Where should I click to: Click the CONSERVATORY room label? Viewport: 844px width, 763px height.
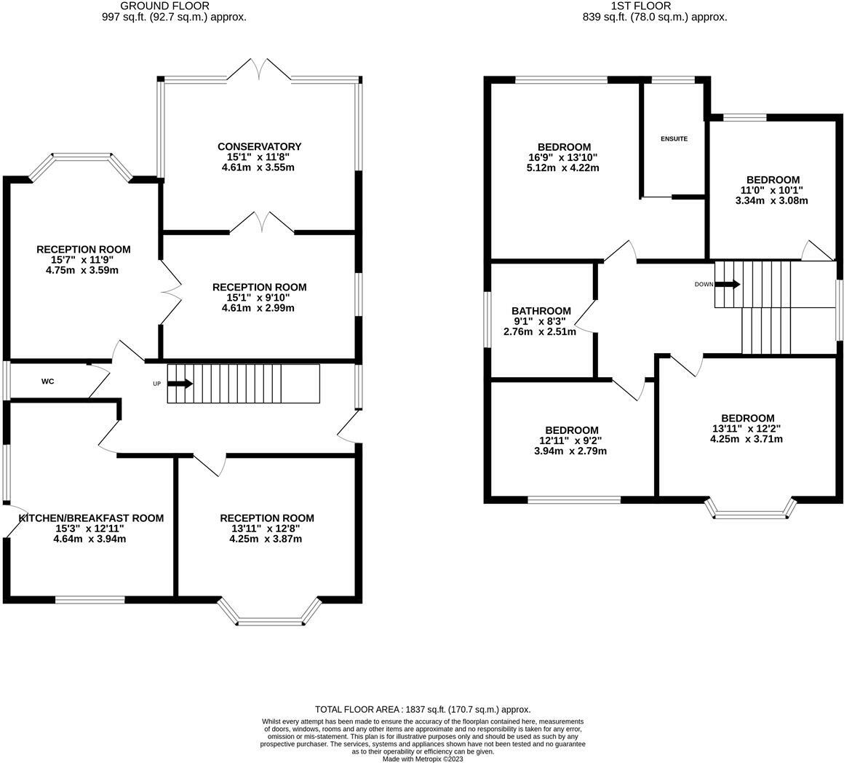[x=258, y=146]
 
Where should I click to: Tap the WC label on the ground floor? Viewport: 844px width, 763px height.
[x=47, y=381]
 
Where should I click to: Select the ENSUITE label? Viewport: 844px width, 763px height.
[x=674, y=138]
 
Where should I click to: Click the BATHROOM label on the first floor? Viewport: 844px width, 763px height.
[x=541, y=311]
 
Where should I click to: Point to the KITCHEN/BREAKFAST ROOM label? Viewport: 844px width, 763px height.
[x=91, y=518]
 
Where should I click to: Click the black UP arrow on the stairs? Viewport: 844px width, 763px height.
[x=180, y=384]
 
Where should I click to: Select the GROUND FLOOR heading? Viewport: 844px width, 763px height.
[x=175, y=6]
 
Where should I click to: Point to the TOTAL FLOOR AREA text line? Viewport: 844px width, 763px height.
[x=423, y=709]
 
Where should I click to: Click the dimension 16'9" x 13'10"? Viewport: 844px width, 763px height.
[x=564, y=157]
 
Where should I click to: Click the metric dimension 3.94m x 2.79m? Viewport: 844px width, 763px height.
[x=571, y=451]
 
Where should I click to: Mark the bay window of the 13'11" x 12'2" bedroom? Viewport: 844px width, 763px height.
[x=750, y=510]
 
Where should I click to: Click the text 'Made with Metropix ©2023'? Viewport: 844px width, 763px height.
[x=423, y=759]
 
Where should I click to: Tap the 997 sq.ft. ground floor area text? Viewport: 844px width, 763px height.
[x=175, y=17]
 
